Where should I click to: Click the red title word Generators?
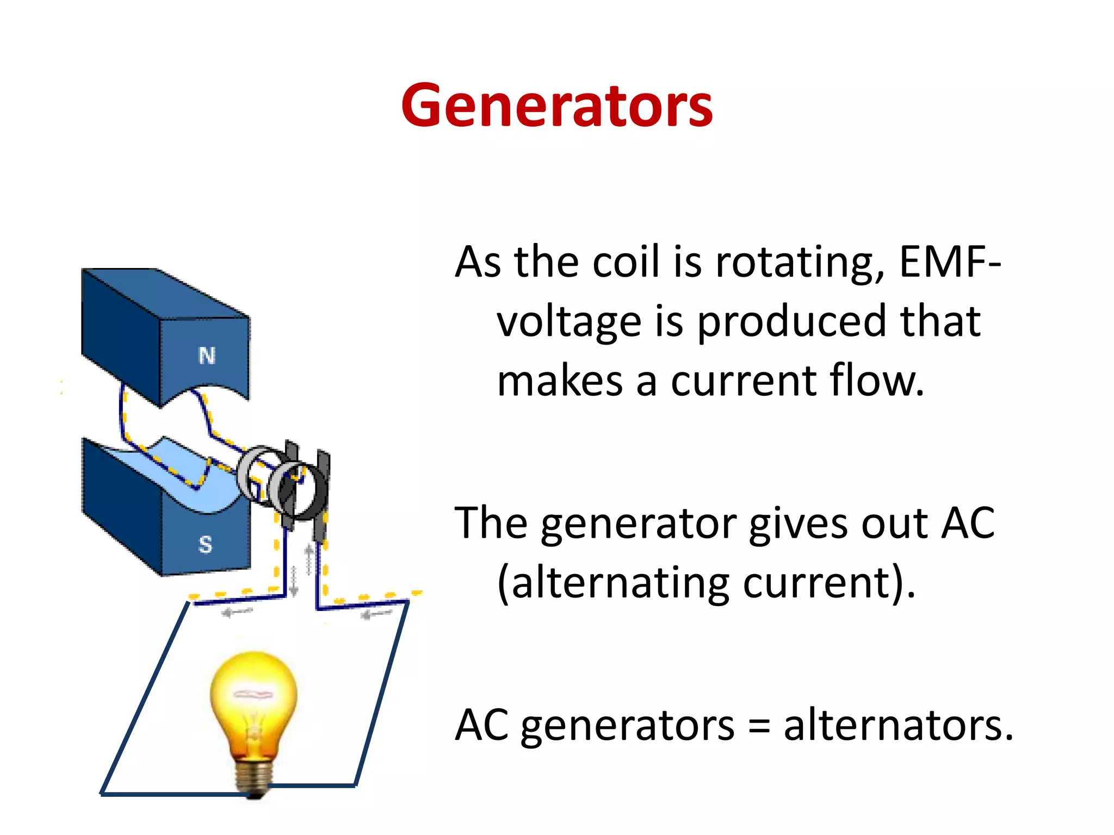(556, 106)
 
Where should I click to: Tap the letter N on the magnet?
(207, 356)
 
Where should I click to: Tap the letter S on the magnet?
(205, 544)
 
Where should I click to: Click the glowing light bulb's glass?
(253, 690)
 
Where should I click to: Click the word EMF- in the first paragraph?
(949, 262)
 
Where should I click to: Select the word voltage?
(568, 322)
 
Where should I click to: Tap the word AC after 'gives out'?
(968, 523)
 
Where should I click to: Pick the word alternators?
(898, 726)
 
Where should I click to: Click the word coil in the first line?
(626, 262)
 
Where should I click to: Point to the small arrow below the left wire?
(237, 613)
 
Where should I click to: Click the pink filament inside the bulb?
(253, 694)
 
